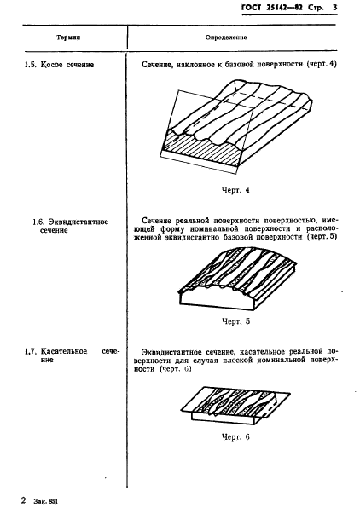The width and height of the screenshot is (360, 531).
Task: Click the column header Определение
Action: click(x=226, y=38)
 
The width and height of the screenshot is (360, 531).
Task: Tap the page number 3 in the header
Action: click(x=335, y=8)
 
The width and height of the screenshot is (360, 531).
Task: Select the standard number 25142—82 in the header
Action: click(x=276, y=8)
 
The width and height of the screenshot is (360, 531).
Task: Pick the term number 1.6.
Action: click(x=38, y=222)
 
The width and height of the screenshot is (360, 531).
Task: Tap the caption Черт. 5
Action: click(x=234, y=321)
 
